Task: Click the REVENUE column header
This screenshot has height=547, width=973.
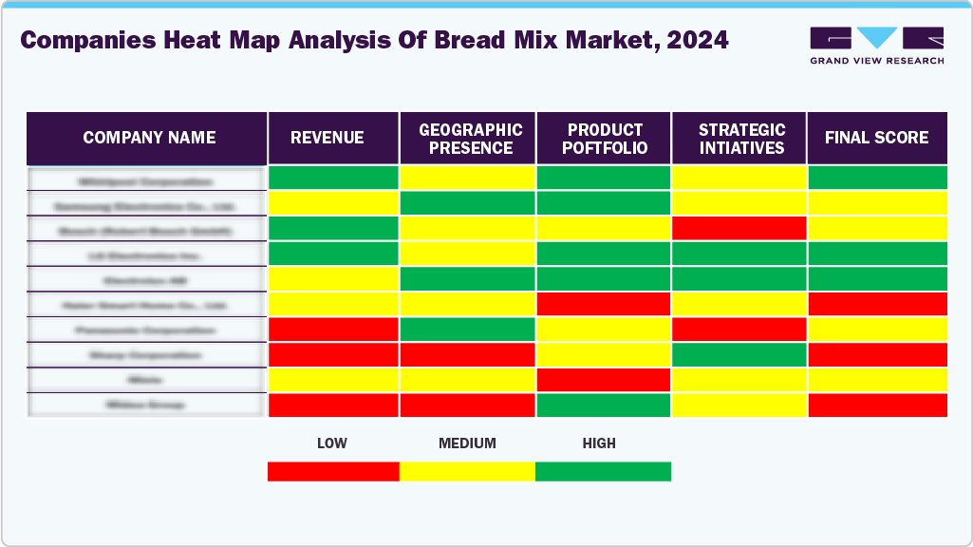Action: (327, 138)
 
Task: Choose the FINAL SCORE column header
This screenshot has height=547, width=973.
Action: (876, 138)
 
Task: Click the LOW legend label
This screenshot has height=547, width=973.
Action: (331, 443)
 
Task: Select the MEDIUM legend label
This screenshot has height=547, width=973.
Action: (467, 443)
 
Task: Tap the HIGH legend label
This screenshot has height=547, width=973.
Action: (599, 443)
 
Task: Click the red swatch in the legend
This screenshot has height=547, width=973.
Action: (333, 471)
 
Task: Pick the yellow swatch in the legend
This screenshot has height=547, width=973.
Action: (467, 471)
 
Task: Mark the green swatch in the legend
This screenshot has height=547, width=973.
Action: (603, 471)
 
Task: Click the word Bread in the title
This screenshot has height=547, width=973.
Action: (467, 40)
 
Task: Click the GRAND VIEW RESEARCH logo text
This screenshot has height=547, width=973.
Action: (876, 61)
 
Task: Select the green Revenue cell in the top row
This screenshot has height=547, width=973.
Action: (333, 178)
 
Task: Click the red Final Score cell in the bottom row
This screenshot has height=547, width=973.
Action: (877, 405)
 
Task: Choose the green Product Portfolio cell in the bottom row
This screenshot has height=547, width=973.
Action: (604, 405)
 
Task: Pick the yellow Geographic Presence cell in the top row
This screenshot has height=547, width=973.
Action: (467, 178)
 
